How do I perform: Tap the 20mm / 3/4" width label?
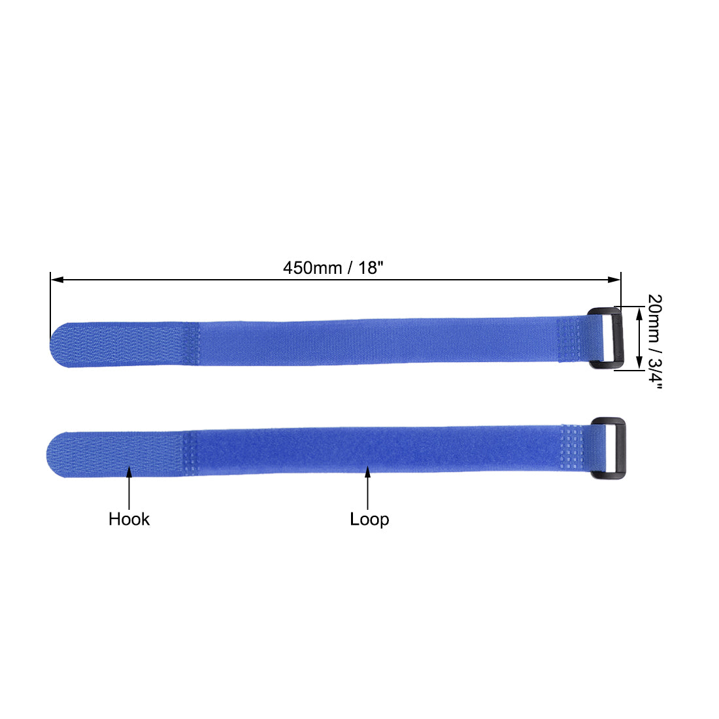(654, 341)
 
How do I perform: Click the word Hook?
(129, 519)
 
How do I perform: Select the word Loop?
(369, 519)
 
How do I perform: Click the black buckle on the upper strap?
(607, 339)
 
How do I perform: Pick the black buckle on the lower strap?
(609, 449)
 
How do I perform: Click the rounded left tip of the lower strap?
(55, 454)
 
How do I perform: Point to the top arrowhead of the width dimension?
(638, 312)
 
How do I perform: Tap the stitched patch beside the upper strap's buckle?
(573, 339)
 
